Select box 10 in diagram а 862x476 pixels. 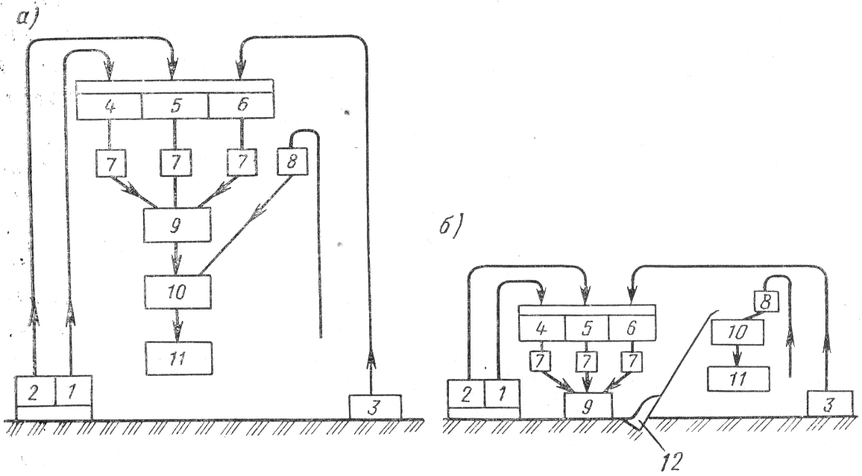click(178, 292)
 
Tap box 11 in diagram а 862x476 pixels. click(178, 358)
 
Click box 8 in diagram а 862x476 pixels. click(292, 160)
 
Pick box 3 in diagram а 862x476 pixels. click(375, 408)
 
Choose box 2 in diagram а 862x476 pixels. click(34, 391)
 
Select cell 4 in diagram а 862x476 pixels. click(110, 107)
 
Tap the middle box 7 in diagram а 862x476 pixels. click(175, 161)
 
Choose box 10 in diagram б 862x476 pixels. click(737, 332)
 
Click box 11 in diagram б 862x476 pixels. click(737, 378)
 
